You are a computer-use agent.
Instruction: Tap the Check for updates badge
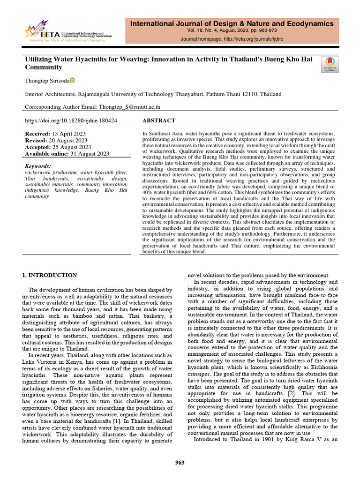330,64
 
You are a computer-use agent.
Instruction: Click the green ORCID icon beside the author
72,80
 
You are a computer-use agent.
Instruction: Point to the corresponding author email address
129,107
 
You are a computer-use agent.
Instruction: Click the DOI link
71,120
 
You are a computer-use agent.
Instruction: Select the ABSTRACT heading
158,120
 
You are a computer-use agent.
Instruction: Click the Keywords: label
38,166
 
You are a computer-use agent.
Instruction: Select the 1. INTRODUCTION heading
51,275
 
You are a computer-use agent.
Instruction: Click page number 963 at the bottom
180,463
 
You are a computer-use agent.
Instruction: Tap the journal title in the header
232,23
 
